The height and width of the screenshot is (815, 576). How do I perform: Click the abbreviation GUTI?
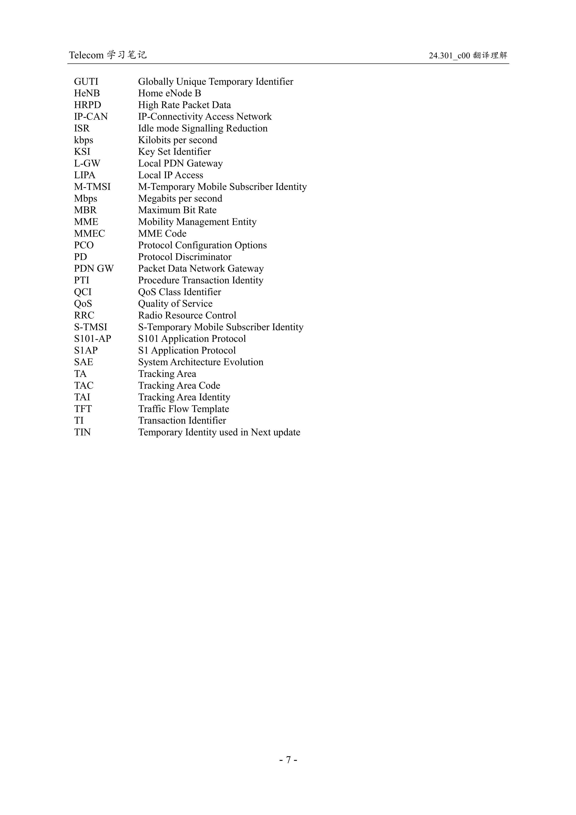(x=86, y=82)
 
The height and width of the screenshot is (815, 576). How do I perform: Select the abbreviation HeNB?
(x=87, y=94)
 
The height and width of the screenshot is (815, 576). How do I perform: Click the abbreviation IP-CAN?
(x=91, y=117)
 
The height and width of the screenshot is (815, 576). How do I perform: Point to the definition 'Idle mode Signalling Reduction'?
(x=203, y=128)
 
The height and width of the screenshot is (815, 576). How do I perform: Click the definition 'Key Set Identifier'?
(x=174, y=152)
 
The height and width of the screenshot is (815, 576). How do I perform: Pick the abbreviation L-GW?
(x=87, y=164)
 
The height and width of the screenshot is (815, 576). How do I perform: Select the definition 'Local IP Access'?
(x=170, y=175)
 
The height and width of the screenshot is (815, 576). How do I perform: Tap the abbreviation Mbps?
(x=85, y=199)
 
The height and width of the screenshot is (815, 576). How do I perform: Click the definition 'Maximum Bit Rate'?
(x=177, y=210)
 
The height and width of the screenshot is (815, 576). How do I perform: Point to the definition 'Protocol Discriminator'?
(x=185, y=257)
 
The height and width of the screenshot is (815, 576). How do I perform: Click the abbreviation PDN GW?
(x=94, y=269)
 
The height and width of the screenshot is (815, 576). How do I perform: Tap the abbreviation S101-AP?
(x=92, y=339)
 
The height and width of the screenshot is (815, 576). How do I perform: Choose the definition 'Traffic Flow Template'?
(x=183, y=409)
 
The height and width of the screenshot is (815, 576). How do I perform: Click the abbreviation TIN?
(x=82, y=432)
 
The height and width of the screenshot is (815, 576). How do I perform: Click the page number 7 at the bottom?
(x=288, y=760)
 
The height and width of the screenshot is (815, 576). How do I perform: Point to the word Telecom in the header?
(x=86, y=55)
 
